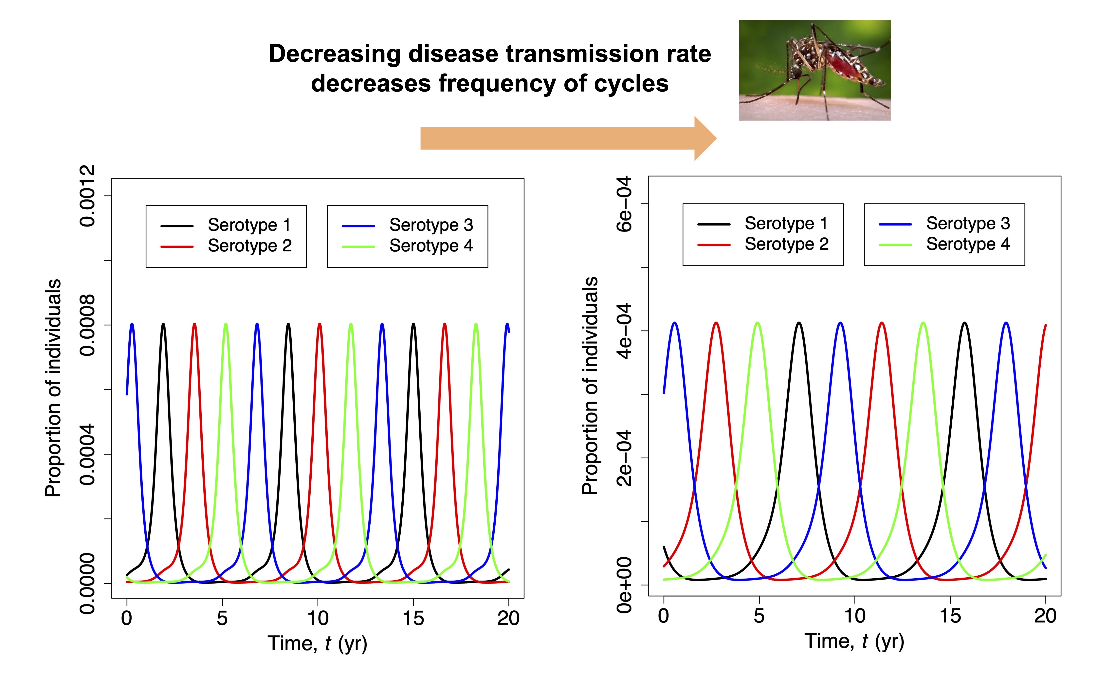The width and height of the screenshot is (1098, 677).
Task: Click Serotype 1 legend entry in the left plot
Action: pyautogui.click(x=249, y=225)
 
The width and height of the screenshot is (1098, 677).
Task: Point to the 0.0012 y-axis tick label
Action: pyautogui.click(x=87, y=196)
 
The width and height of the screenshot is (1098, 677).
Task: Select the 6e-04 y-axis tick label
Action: pyautogui.click(x=624, y=204)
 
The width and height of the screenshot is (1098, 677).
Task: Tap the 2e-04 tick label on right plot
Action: pyautogui.click(x=624, y=458)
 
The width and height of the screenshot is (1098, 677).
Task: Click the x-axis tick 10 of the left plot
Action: pyautogui.click(x=318, y=618)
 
